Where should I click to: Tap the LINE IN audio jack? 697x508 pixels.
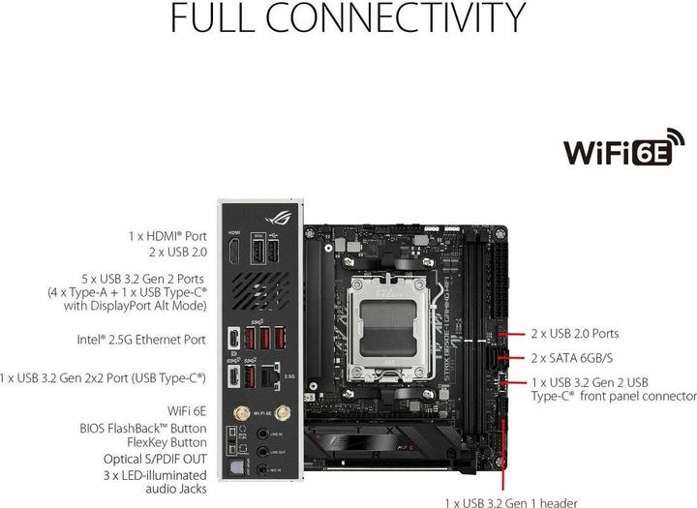(262, 433)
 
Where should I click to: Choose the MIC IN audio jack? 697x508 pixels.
(262, 468)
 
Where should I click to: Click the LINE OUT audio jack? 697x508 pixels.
(262, 451)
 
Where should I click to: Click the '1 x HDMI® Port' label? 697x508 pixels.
(167, 235)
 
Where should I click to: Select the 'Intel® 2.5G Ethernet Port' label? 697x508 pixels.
(141, 340)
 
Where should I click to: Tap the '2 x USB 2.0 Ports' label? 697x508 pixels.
(575, 334)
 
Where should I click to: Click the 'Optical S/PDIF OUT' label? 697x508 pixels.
(155, 459)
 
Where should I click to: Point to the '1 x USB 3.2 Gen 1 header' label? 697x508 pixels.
(510, 502)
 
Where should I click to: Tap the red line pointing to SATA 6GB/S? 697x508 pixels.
(516, 357)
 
